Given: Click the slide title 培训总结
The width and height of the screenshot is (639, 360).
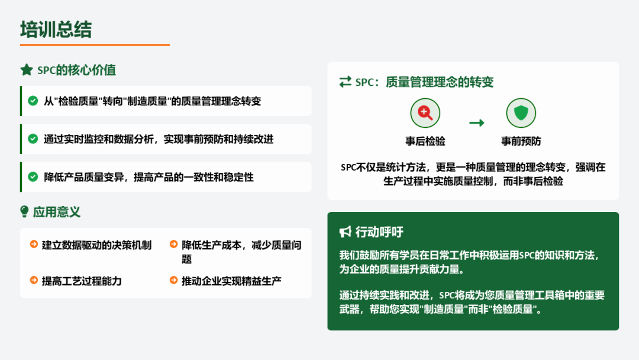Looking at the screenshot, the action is pyautogui.click(x=56, y=30).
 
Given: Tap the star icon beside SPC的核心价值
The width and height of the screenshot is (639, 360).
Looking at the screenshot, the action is pyautogui.click(x=27, y=70).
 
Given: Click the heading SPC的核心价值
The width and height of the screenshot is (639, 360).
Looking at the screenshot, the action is pyautogui.click(x=76, y=70).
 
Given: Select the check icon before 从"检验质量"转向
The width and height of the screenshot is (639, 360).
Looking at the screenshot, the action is pyautogui.click(x=33, y=101).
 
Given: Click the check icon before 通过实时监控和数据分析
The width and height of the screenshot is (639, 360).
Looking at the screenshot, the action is pyautogui.click(x=33, y=139).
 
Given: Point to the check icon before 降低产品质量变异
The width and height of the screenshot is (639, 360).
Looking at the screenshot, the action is pyautogui.click(x=33, y=177).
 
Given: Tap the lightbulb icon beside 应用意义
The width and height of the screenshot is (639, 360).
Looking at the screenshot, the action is pyautogui.click(x=24, y=211).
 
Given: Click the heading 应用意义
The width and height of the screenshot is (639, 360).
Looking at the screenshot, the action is pyautogui.click(x=57, y=212).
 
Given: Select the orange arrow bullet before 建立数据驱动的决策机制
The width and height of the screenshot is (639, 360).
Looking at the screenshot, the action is pyautogui.click(x=34, y=244).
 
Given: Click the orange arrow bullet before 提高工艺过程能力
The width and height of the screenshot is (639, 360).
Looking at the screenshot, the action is pyautogui.click(x=34, y=280).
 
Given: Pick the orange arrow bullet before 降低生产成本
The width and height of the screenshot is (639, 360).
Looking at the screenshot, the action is pyautogui.click(x=173, y=244).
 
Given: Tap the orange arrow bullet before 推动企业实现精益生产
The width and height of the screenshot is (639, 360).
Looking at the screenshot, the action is pyautogui.click(x=173, y=280).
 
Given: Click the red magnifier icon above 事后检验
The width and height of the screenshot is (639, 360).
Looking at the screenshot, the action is pyautogui.click(x=425, y=113).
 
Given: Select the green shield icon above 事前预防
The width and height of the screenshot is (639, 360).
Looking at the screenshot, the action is pyautogui.click(x=521, y=113).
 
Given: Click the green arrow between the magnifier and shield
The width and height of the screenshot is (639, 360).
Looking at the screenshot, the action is pyautogui.click(x=476, y=123).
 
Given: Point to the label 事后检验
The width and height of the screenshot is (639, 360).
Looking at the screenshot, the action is pyautogui.click(x=425, y=142).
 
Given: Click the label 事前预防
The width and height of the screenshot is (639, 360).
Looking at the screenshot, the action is pyautogui.click(x=521, y=142).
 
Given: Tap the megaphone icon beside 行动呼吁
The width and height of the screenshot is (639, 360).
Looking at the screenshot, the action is pyautogui.click(x=345, y=232).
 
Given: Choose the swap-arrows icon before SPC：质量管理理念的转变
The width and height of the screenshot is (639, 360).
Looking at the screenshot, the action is pyautogui.click(x=345, y=82).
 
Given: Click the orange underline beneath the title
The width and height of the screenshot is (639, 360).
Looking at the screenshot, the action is pyautogui.click(x=95, y=45).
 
